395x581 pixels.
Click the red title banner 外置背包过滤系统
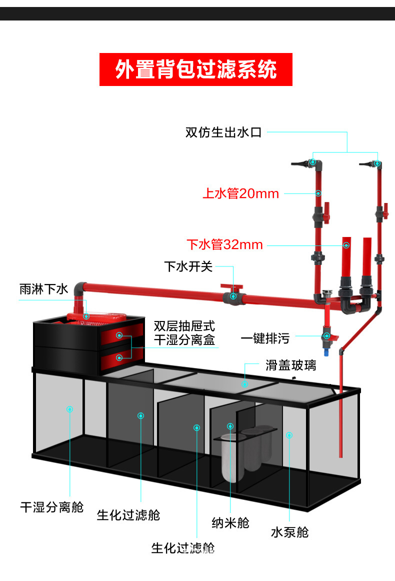coord(196,69)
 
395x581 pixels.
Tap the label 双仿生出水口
coord(223,132)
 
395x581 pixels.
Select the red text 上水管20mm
coord(240,193)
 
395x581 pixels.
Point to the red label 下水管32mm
coord(224,244)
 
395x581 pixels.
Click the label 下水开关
coord(188,266)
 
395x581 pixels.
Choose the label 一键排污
coord(265,338)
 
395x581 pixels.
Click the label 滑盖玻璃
coord(290,365)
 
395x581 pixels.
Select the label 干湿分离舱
coord(52,507)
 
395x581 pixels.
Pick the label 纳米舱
coord(230,523)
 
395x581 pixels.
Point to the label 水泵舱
coord(290,532)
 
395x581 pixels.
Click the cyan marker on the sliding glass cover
coord(245,384)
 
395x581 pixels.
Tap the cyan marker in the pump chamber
coord(289,435)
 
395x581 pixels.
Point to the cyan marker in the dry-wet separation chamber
coord(70,409)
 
